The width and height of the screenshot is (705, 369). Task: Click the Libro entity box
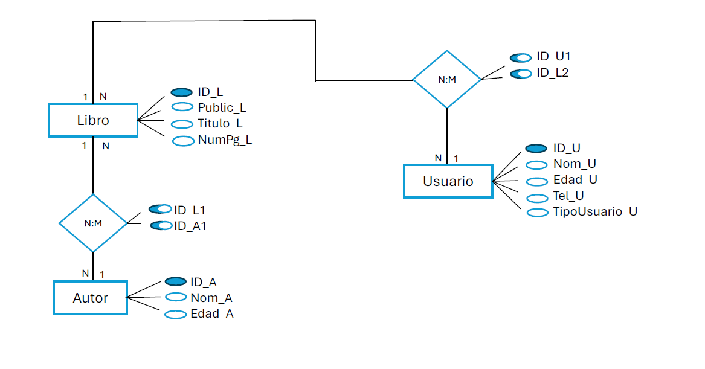(x=93, y=120)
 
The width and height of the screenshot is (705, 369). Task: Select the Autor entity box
(x=91, y=298)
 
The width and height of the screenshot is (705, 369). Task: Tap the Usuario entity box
(x=448, y=181)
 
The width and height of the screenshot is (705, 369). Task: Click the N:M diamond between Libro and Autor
(x=93, y=223)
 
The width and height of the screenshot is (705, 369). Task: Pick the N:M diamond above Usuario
(x=446, y=79)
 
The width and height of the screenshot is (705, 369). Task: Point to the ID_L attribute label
(x=210, y=92)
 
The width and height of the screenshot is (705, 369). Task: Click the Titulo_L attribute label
(x=220, y=124)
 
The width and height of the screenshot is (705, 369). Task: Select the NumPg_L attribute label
(x=225, y=140)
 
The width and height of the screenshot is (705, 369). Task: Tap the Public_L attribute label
(x=222, y=108)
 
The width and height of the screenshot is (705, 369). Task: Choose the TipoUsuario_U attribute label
(x=595, y=211)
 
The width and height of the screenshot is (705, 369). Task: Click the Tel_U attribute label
(x=568, y=196)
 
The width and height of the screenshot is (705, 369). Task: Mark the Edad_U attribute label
(x=575, y=180)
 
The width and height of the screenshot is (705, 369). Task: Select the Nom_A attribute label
(x=211, y=298)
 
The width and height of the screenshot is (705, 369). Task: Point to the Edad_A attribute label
(x=212, y=314)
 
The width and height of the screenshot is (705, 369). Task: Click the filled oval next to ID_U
(x=536, y=149)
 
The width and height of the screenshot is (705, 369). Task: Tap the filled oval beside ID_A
(x=175, y=281)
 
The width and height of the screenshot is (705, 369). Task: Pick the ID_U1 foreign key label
(x=553, y=57)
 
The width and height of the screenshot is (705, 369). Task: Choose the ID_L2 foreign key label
(x=552, y=73)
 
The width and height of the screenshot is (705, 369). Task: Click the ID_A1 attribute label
(x=190, y=226)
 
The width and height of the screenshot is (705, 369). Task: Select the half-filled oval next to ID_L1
(x=159, y=210)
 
